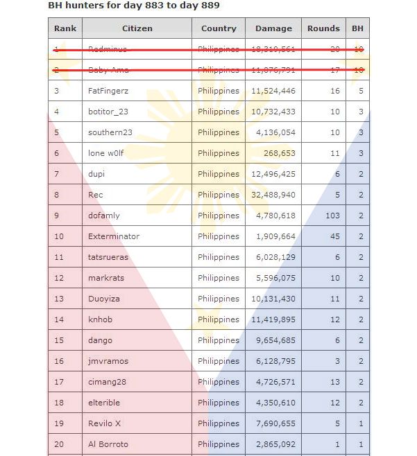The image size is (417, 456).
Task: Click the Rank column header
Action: tap(65, 28)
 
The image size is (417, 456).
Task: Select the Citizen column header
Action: tap(137, 28)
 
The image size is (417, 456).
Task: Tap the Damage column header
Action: tap(273, 28)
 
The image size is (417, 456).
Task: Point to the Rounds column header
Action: tap(324, 28)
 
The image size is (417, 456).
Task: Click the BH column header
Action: tap(357, 28)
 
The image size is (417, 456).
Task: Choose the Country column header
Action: tap(219, 28)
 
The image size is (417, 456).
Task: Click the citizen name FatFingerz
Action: tap(108, 91)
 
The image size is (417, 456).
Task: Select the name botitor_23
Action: tap(108, 112)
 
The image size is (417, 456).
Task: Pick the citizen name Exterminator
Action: tap(114, 236)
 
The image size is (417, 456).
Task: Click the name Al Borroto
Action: tap(108, 444)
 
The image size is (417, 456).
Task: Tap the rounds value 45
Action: tap(335, 236)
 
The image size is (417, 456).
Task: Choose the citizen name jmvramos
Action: tap(108, 361)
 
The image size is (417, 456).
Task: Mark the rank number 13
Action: tap(58, 299)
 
